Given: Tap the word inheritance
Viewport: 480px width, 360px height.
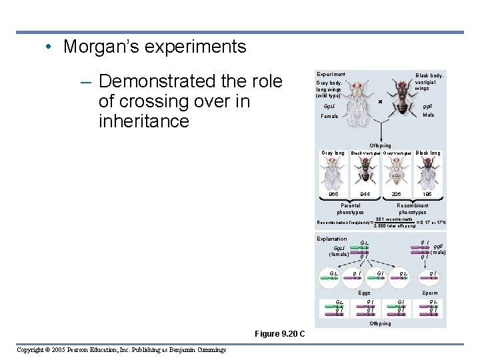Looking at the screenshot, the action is [x=143, y=121].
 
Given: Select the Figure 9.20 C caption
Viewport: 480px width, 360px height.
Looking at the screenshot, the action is [x=280, y=333].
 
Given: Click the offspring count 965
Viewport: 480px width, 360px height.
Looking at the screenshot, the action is [x=333, y=194].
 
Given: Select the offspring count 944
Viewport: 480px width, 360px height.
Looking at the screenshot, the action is [x=365, y=194].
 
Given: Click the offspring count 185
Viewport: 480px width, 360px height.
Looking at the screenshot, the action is [x=427, y=194].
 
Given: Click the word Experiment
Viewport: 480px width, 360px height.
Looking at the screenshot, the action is [x=331, y=74].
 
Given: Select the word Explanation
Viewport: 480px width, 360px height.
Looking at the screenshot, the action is [x=331, y=239].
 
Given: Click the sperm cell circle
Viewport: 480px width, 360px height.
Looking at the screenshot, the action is [x=433, y=275].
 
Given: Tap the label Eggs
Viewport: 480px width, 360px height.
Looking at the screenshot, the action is [x=364, y=293].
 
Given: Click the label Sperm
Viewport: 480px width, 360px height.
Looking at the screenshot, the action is [x=430, y=293].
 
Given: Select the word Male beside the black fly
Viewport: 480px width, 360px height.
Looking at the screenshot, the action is [x=429, y=115].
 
